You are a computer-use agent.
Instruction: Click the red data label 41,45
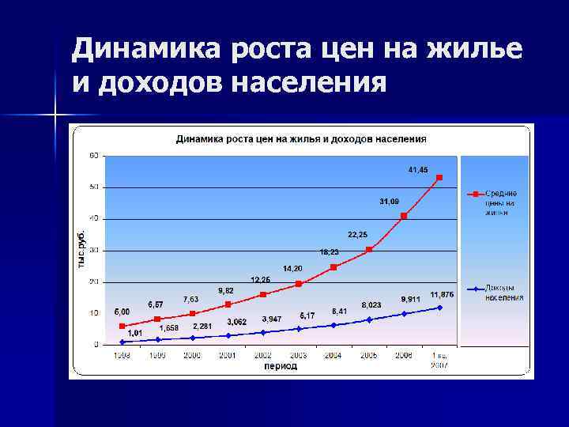[x=418, y=170]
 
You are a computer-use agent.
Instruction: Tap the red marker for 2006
[x=404, y=216]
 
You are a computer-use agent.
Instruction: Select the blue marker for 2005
[x=369, y=319]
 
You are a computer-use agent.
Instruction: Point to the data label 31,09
[x=389, y=201]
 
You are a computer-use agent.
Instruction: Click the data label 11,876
[x=442, y=295]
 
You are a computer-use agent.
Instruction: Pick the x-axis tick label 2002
[x=262, y=356]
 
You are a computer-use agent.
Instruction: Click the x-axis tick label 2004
[x=333, y=356]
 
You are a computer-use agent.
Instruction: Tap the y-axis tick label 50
[x=94, y=187]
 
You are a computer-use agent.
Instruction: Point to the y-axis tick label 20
[x=94, y=282]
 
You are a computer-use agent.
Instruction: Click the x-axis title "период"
[x=281, y=366]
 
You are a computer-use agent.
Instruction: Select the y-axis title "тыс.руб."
[x=82, y=250]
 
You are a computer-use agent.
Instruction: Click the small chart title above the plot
[x=301, y=138]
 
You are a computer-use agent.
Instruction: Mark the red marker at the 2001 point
[x=228, y=304]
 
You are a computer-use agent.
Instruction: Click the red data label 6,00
[x=122, y=312]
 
